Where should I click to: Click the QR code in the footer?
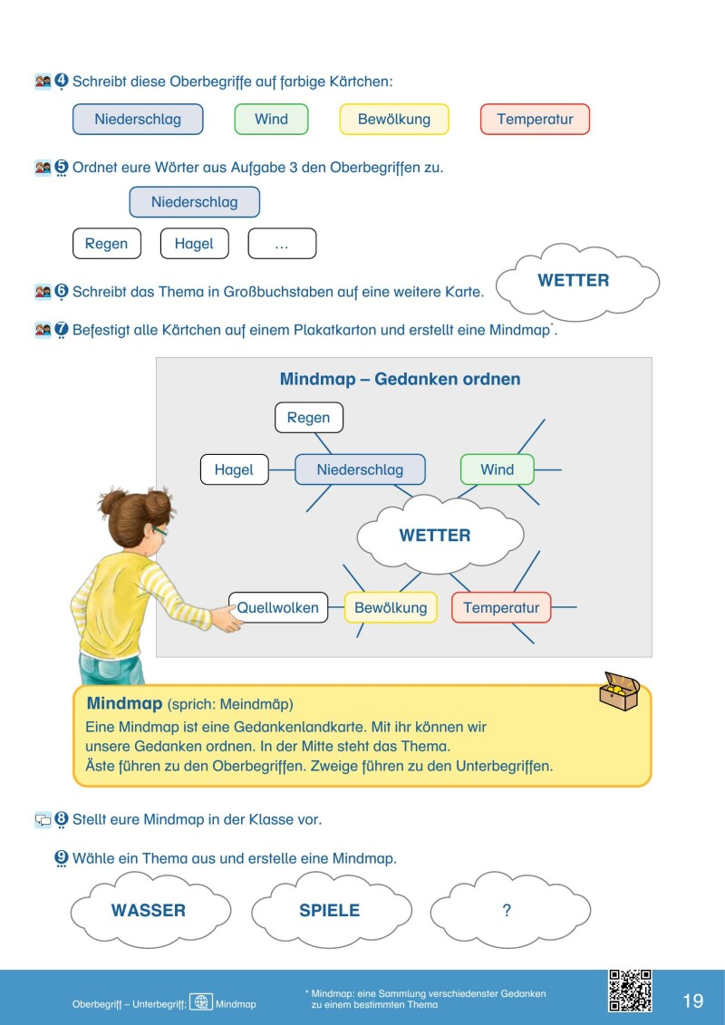coord(630,991)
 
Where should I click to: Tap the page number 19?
coord(693,1001)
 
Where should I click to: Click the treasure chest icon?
coord(619,691)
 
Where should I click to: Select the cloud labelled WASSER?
coord(150,909)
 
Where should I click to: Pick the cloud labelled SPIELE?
coord(332,909)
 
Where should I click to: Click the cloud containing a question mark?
coord(510,909)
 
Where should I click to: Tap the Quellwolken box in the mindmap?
coord(278,607)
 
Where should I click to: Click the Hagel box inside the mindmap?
coord(234,469)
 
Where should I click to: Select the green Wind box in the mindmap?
coord(498,469)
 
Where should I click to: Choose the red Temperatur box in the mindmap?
coord(501,607)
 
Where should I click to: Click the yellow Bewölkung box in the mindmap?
coord(391,607)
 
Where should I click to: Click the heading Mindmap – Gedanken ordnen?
coord(400,379)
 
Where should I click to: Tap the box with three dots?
coord(282,243)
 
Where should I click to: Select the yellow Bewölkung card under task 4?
coord(394,119)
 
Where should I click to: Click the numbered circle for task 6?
coord(62,292)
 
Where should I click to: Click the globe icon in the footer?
coord(201,1002)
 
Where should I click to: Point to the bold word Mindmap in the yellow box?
coord(124,703)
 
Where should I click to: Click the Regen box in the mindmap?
coord(308,418)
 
